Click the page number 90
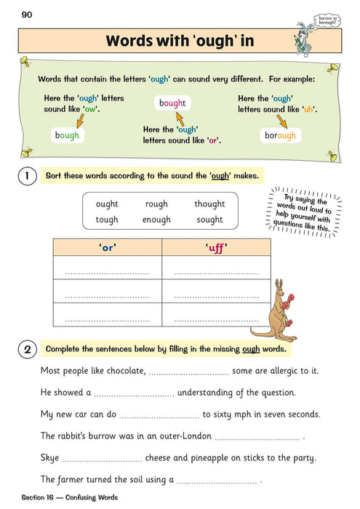pyautogui.click(x=27, y=15)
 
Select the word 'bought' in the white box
pyautogui.click(x=172, y=103)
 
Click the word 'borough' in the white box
pyautogui.click(x=280, y=135)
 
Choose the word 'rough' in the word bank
pyautogui.click(x=156, y=204)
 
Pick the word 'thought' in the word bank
pyautogui.click(x=209, y=204)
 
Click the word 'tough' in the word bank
pyautogui.click(x=106, y=220)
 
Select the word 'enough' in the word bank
pyautogui.click(x=156, y=220)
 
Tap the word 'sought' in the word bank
pyautogui.click(x=209, y=220)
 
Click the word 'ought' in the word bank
pyautogui.click(x=106, y=204)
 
